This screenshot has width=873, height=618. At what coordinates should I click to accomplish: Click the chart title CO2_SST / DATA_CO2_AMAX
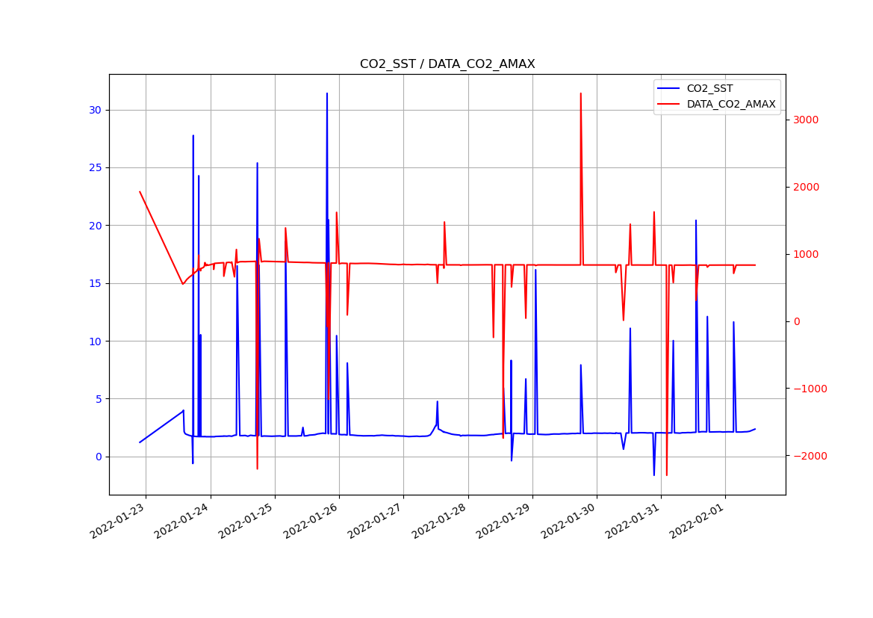pos(447,64)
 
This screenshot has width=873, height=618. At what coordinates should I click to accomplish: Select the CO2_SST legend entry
pos(709,89)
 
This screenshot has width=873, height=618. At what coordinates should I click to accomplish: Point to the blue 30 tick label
pos(94,110)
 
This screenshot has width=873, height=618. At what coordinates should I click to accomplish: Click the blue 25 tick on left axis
pos(94,167)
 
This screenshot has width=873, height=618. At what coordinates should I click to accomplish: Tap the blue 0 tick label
pos(97,457)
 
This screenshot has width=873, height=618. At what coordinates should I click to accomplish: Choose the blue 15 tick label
pos(94,283)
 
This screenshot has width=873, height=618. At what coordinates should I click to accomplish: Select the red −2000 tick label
pos(807,456)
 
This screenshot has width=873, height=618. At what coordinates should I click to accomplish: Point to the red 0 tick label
pos(796,321)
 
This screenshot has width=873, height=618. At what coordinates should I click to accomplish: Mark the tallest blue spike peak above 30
pos(326,93)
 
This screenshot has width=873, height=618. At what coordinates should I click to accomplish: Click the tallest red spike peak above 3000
pos(580,93)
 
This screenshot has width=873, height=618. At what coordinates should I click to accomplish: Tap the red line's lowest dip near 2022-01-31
pos(666,475)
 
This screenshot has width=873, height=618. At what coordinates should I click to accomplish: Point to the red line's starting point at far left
pos(140,191)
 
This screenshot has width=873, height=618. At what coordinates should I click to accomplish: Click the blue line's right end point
pos(755,429)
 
